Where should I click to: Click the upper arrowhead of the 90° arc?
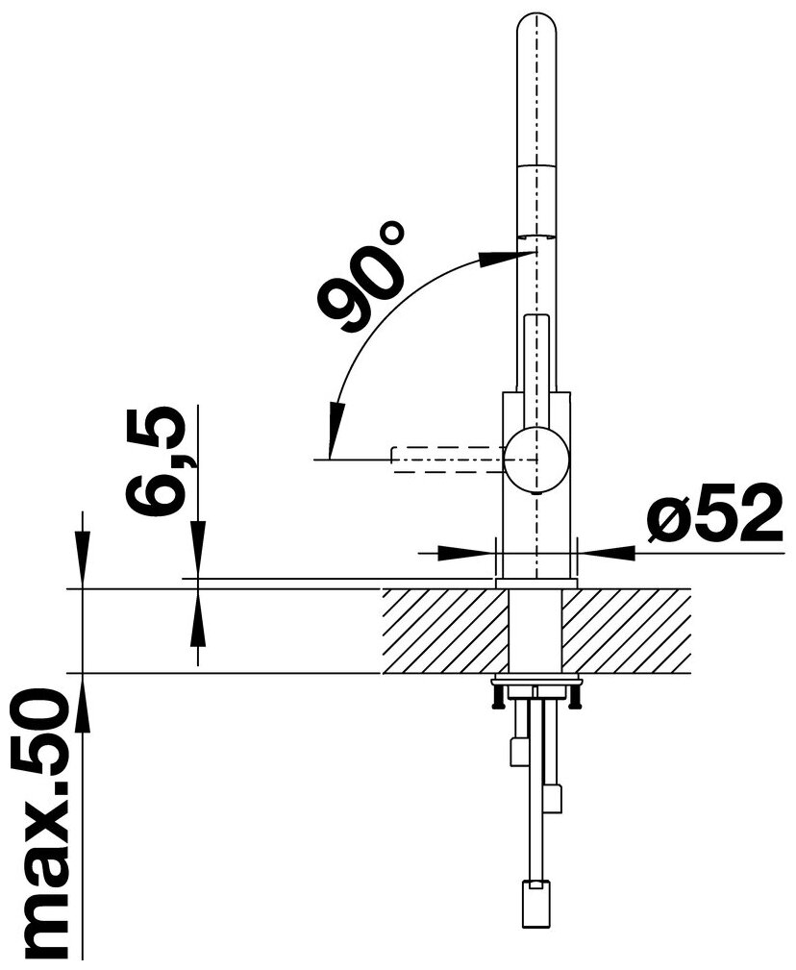click(x=503, y=259)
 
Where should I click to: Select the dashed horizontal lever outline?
click(x=447, y=458)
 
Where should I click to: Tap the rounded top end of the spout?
click(x=536, y=29)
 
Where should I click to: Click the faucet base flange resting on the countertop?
click(x=535, y=583)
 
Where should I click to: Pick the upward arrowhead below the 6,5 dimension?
click(x=198, y=611)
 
